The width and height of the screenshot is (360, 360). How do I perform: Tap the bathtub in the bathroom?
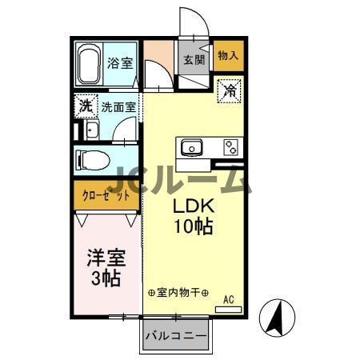click(88, 62)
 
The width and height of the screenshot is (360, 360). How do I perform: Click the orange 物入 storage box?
click(228, 55)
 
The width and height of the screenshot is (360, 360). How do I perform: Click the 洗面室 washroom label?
click(118, 106)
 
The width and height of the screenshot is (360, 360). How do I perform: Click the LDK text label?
click(193, 206)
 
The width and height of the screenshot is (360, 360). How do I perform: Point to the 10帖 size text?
click(193, 226)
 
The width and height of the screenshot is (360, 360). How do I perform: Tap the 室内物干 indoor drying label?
click(178, 293)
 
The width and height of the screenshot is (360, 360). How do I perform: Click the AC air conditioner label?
click(228, 300)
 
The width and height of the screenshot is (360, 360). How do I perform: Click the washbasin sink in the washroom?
click(91, 131)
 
